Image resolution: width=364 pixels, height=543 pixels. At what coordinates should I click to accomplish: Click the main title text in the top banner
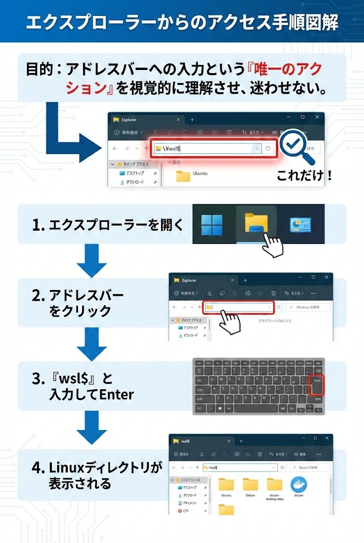click(182, 22)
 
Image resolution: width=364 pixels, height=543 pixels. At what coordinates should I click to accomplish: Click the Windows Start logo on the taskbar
click(212, 225)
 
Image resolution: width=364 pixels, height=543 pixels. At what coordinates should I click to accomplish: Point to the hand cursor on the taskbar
click(272, 245)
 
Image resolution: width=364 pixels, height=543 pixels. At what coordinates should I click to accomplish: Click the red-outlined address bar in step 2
click(238, 307)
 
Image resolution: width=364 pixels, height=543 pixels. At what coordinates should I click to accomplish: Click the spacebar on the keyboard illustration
click(254, 408)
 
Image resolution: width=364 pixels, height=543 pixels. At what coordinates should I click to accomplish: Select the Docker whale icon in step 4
click(299, 485)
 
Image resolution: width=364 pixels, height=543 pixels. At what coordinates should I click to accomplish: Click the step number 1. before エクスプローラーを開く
click(38, 225)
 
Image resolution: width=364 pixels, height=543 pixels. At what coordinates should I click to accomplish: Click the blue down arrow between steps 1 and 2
click(92, 261)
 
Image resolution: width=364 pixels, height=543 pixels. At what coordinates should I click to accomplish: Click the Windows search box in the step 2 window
click(307, 307)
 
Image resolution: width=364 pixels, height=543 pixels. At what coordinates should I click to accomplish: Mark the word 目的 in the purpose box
click(40, 69)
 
